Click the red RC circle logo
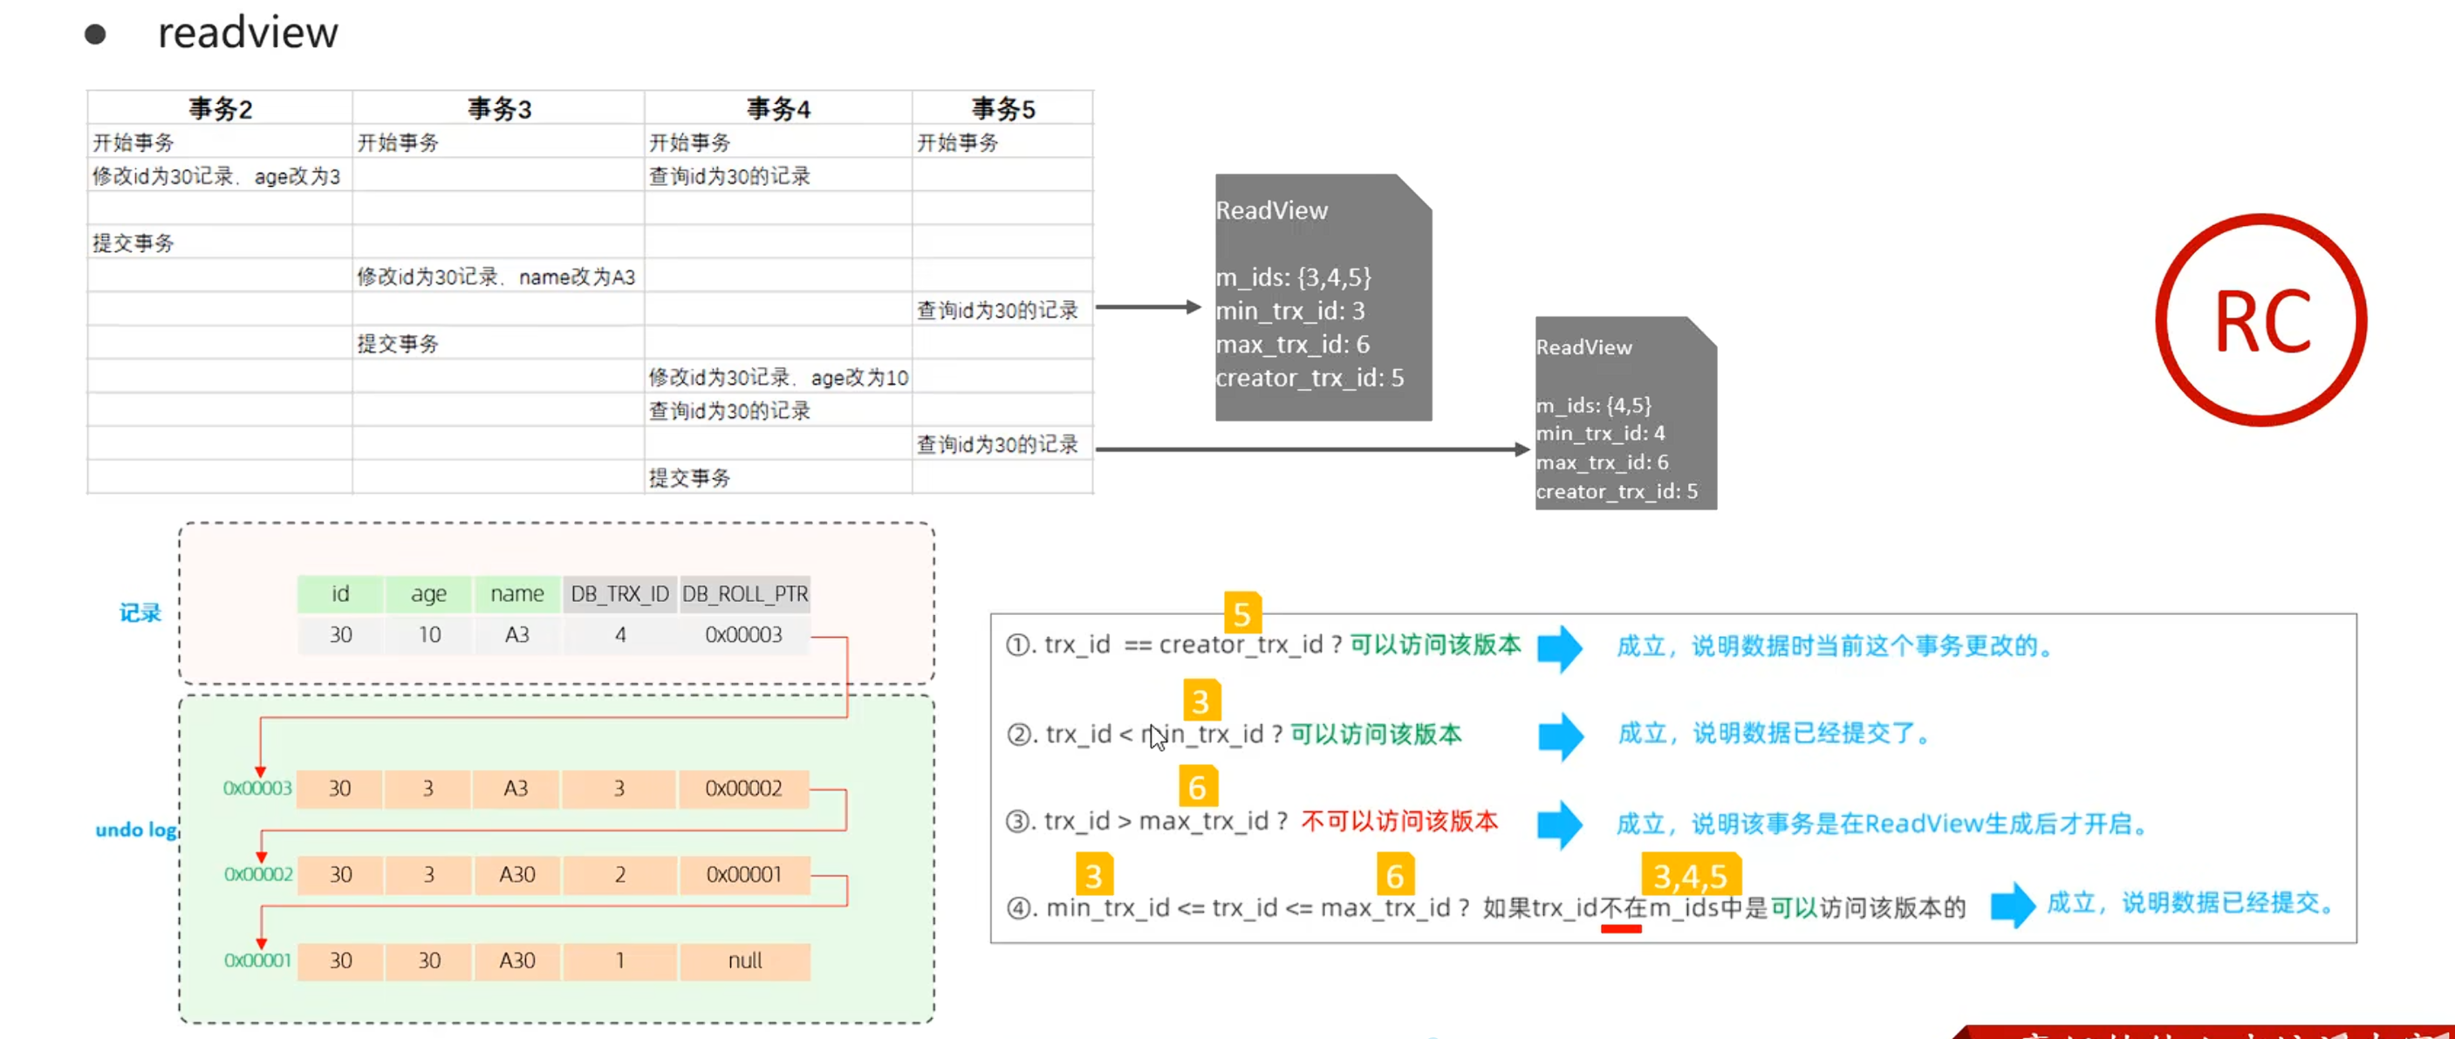click(2260, 320)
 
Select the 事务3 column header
click(498, 109)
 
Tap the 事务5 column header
click(1002, 109)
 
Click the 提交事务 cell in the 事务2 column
click(133, 243)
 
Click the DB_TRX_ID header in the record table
click(619, 594)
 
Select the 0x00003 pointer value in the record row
click(743, 635)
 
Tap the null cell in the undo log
click(744, 960)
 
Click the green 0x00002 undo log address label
click(258, 874)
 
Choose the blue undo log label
click(136, 830)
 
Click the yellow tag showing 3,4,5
click(1690, 875)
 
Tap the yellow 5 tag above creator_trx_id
click(1241, 614)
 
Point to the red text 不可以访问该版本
click(1399, 822)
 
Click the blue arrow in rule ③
click(1559, 824)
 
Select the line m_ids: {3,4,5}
click(1293, 277)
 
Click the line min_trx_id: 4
click(1600, 434)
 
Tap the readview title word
click(248, 33)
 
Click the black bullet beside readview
click(95, 35)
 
